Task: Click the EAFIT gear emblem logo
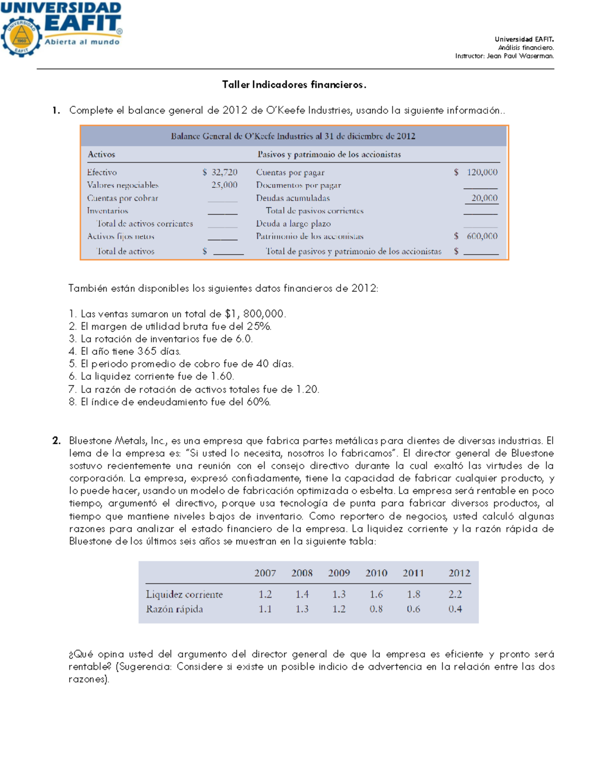coord(21,37)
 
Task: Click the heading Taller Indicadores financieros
coord(294,84)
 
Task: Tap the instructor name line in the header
coord(504,56)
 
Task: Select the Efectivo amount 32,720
coord(224,172)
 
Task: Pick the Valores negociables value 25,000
coord(224,185)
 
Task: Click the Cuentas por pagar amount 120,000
coord(482,172)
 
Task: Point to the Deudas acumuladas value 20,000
coord(484,198)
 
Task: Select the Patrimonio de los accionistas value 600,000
coord(482,236)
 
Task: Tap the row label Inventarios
coord(107,210)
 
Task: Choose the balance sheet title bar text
coord(293,136)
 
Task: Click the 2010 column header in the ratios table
coord(376,573)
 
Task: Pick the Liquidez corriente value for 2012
coord(455,594)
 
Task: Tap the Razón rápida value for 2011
coord(413,609)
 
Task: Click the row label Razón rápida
coord(174,609)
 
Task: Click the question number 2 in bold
coord(56,441)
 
